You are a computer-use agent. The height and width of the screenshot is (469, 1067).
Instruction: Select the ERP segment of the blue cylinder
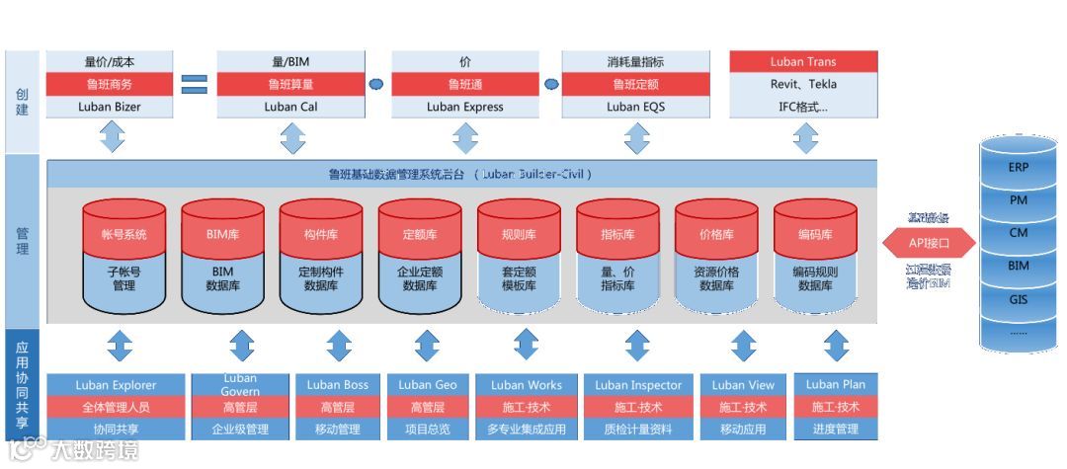click(1018, 168)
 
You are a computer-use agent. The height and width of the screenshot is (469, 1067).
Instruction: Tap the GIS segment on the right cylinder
click(1018, 299)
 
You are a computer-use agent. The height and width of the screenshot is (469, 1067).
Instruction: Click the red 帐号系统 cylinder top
click(123, 235)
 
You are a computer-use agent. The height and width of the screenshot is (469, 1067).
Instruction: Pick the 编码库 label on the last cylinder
click(815, 235)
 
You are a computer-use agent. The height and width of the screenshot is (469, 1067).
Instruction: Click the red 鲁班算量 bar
click(291, 85)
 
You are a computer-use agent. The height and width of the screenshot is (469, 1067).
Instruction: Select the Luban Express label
click(464, 107)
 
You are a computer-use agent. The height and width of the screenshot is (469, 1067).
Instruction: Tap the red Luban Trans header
click(803, 62)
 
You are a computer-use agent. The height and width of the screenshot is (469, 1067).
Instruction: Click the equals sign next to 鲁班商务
click(194, 85)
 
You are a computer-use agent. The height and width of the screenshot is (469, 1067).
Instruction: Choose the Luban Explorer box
click(115, 385)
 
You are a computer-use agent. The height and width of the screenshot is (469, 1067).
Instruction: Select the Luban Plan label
click(835, 384)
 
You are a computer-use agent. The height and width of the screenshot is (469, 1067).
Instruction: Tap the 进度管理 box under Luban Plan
click(835, 430)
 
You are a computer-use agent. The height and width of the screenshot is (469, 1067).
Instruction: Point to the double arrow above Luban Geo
click(427, 347)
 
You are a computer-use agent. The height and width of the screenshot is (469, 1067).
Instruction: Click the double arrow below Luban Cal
click(292, 137)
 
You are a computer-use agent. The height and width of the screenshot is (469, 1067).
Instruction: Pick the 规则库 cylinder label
click(519, 235)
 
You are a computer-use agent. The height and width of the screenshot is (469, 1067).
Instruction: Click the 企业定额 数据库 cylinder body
click(420, 278)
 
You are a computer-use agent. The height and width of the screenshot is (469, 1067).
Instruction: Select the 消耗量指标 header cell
click(635, 62)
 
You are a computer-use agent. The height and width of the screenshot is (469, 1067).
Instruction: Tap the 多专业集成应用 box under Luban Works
click(526, 430)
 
